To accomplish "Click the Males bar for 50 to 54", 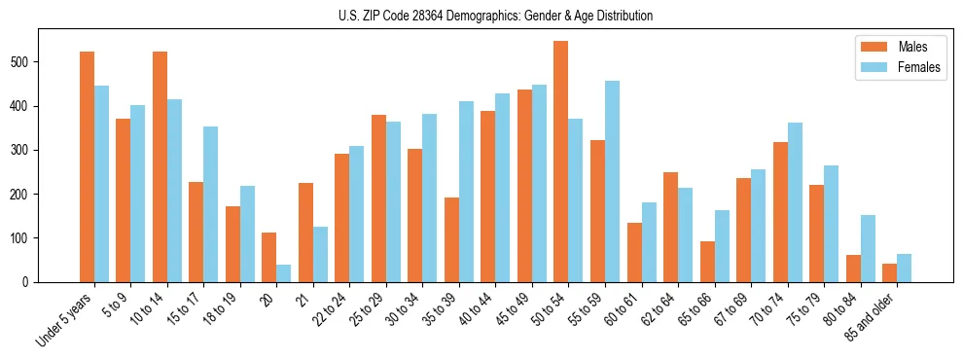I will (x=561, y=162).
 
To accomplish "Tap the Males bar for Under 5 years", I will (x=87, y=166).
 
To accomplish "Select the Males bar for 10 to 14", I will (x=160, y=166).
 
